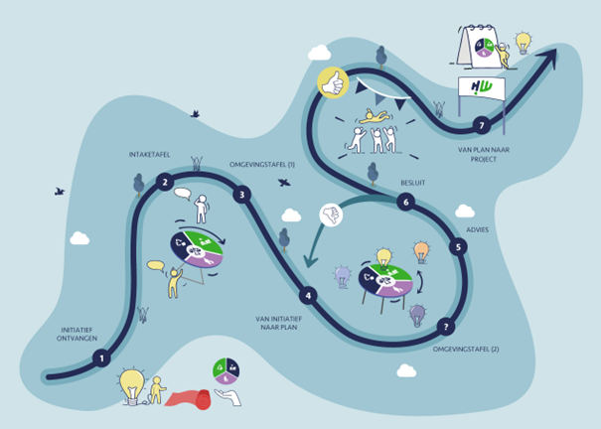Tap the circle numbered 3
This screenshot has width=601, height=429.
tap(241, 195)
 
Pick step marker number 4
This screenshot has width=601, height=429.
tap(309, 295)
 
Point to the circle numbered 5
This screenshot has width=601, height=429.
tap(457, 246)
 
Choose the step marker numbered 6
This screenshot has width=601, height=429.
tap(403, 203)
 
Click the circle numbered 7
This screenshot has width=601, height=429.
tap(482, 125)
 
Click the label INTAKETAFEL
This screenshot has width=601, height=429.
tap(152, 155)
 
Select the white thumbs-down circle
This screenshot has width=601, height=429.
tap(332, 214)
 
